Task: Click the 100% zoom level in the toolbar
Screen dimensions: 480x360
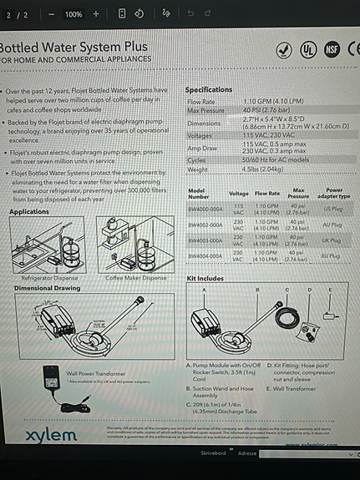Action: [x=74, y=14]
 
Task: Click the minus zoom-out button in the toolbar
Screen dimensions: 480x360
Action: [x=52, y=14]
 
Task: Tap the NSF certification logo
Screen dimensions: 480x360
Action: [x=332, y=48]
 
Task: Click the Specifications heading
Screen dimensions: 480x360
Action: [x=209, y=89]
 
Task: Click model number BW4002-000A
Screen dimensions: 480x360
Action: [x=204, y=225]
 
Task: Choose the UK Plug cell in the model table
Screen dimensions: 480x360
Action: [x=332, y=240]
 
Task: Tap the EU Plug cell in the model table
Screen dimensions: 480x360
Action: [x=332, y=256]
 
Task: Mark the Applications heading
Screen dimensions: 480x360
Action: [x=29, y=212]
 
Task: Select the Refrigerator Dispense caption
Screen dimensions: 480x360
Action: [x=48, y=278]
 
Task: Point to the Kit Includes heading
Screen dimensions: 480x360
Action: [x=205, y=277]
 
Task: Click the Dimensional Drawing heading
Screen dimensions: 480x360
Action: [x=46, y=288]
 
